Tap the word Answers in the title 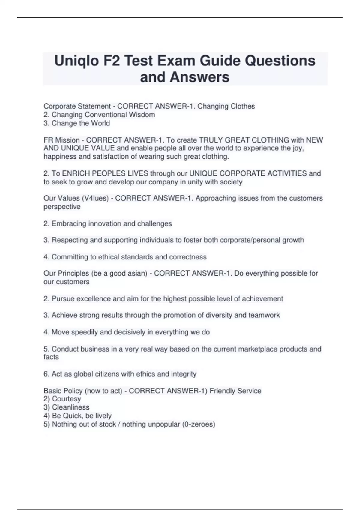tap(199, 77)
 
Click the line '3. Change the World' tap(77, 123)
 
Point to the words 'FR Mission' tap(61, 140)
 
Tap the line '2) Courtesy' tap(62, 399)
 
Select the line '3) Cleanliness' tap(67, 407)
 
